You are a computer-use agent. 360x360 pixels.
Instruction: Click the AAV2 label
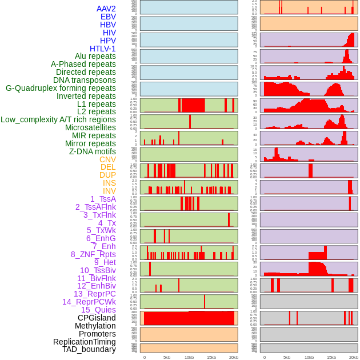106,9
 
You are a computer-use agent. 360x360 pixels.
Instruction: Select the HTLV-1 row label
102,49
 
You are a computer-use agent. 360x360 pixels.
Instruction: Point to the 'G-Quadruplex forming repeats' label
61,88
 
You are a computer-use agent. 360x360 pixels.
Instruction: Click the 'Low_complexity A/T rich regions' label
58,119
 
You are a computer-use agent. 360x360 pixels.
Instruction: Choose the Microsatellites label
90,127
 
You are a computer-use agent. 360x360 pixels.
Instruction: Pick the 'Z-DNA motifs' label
92,151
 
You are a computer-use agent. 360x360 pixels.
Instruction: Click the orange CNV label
107,159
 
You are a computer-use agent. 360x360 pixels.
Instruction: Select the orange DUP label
107,175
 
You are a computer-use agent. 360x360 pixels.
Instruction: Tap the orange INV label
109,191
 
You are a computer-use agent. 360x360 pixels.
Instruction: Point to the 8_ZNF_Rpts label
93,254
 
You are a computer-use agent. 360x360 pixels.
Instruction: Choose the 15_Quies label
98,310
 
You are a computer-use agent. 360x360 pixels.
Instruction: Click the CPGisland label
97,318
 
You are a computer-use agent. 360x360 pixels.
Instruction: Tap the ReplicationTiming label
84,342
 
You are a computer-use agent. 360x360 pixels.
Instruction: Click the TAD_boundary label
89,349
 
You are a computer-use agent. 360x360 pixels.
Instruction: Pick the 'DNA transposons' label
85,80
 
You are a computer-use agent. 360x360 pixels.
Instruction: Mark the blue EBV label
108,17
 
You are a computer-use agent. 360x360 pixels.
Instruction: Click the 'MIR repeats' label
94,135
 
